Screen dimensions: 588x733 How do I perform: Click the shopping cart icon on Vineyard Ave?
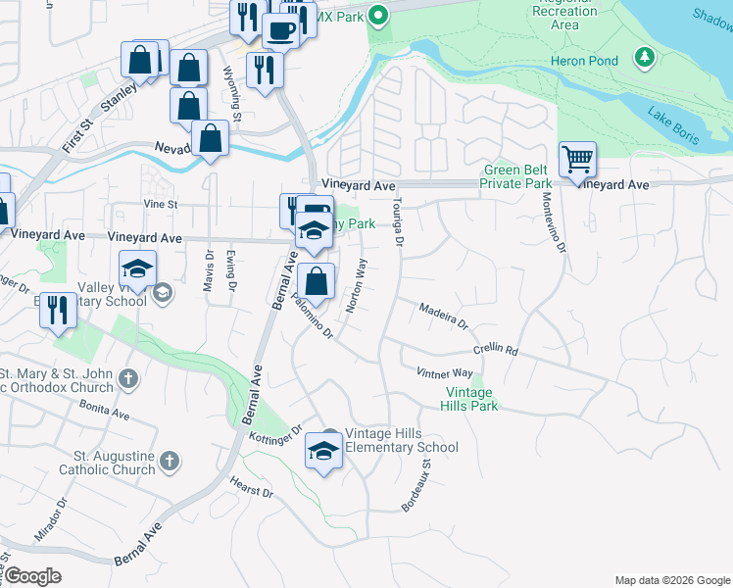pyautogui.click(x=578, y=160)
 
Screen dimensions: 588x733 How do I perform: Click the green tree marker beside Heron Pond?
pyautogui.click(x=644, y=58)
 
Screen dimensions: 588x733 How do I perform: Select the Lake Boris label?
pyautogui.click(x=673, y=125)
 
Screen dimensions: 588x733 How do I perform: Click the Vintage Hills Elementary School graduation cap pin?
pyautogui.click(x=323, y=452)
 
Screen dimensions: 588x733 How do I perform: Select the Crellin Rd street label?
pyautogui.click(x=494, y=350)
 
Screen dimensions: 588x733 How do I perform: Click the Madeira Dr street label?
pyautogui.click(x=444, y=316)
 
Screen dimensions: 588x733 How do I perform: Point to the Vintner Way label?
pyautogui.click(x=444, y=373)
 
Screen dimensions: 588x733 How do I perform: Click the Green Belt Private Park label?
pyautogui.click(x=516, y=175)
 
